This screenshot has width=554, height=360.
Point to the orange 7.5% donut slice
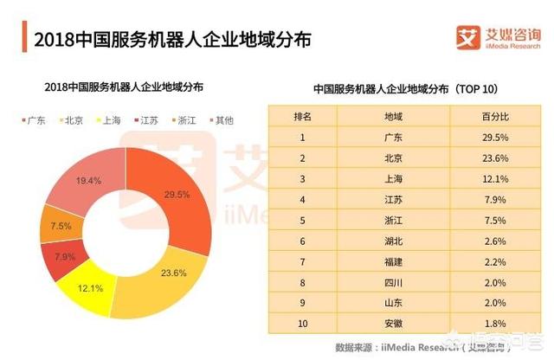[x=61, y=226]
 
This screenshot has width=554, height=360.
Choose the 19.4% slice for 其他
[x=87, y=181]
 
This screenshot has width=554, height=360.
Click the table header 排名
[x=303, y=115]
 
